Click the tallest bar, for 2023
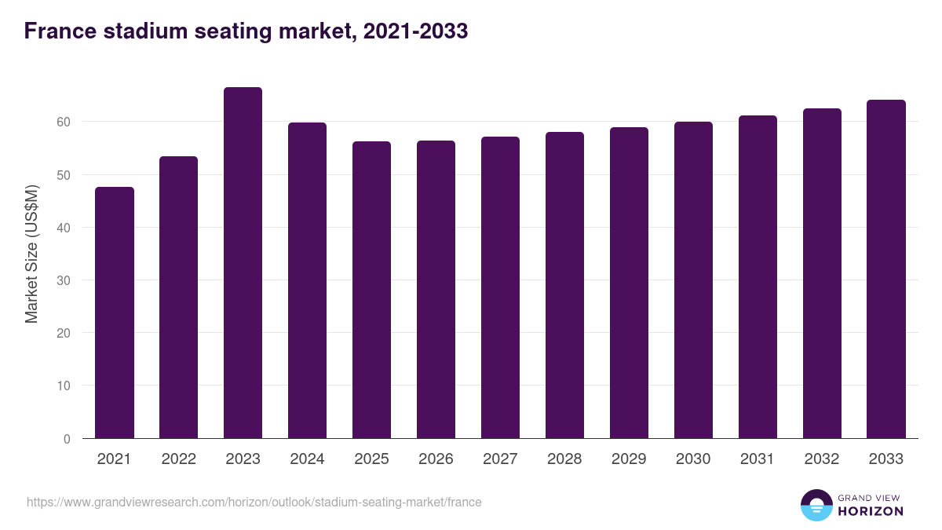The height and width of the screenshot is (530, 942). point(243,263)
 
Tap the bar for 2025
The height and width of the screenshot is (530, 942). point(371,290)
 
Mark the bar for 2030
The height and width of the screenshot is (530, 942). point(693,280)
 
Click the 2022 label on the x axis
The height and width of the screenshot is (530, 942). point(179,459)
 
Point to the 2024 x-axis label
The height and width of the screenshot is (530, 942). point(307,459)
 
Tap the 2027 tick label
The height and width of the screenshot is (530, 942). point(500,459)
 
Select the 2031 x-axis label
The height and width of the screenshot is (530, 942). point(758,459)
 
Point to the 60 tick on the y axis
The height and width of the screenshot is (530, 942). point(63,122)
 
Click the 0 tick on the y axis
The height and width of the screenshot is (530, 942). point(67,439)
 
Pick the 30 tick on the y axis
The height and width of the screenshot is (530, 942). point(63,280)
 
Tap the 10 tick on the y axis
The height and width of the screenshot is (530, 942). point(63,386)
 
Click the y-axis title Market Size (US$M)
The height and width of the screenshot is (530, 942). point(31,254)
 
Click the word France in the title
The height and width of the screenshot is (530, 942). point(57,31)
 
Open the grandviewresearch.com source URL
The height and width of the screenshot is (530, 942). point(254,502)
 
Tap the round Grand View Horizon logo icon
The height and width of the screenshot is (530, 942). point(816,505)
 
